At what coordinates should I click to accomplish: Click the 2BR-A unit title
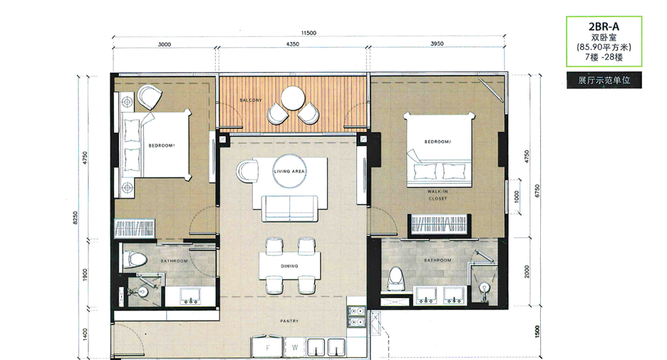604,26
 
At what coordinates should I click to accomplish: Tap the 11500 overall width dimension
309,34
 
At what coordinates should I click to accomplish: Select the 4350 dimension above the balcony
292,43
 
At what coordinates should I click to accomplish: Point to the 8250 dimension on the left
76,218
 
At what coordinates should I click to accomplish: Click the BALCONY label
251,101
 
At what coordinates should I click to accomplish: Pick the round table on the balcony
293,98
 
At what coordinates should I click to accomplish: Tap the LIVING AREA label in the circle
289,172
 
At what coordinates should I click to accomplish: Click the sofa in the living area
290,208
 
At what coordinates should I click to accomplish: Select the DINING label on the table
289,267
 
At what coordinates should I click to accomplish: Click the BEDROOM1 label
162,145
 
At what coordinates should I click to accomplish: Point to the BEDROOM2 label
438,142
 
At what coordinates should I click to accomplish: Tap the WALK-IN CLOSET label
438,195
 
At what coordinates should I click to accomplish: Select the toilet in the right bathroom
396,279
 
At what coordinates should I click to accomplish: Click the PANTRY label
289,322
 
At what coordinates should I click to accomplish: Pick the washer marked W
295,348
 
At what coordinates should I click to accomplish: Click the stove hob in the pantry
356,317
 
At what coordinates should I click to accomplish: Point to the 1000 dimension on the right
517,197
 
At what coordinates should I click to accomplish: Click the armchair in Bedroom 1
149,98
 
